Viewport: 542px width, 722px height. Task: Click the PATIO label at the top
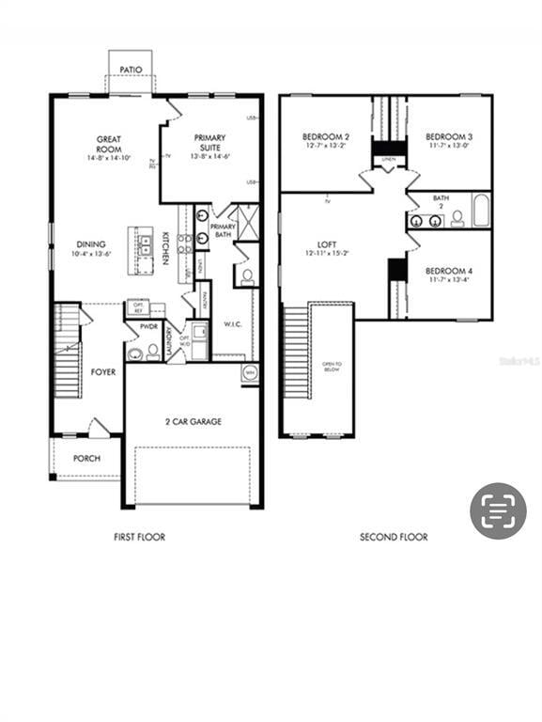pyautogui.click(x=130, y=69)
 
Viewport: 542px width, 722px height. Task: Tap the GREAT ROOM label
pyautogui.click(x=109, y=145)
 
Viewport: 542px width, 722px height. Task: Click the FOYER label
pyautogui.click(x=103, y=372)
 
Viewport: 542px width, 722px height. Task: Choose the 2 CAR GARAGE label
pyautogui.click(x=194, y=422)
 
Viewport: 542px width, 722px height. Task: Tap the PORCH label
pyautogui.click(x=86, y=459)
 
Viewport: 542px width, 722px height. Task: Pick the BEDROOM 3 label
pyautogui.click(x=450, y=136)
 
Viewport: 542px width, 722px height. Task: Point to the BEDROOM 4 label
pyautogui.click(x=450, y=271)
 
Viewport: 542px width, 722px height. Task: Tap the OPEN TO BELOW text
pyautogui.click(x=332, y=367)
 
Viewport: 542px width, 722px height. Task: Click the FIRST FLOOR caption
pyautogui.click(x=139, y=537)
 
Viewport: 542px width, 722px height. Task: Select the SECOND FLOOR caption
pyautogui.click(x=394, y=537)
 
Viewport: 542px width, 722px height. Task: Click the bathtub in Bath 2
pyautogui.click(x=481, y=212)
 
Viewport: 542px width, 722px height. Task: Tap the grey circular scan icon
pyautogui.click(x=498, y=510)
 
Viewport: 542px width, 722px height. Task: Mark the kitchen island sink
pyautogui.click(x=145, y=246)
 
